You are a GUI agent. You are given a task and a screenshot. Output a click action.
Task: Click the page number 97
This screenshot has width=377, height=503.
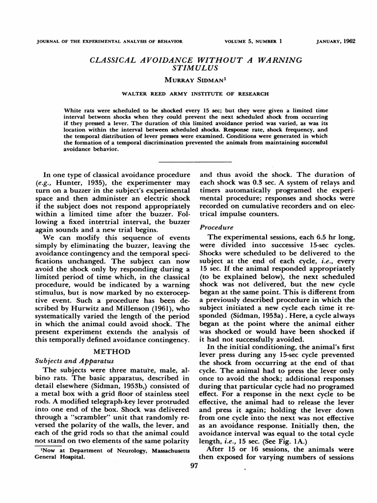click(193, 466)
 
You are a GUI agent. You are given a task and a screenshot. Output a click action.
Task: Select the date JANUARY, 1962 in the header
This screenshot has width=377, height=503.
click(336, 41)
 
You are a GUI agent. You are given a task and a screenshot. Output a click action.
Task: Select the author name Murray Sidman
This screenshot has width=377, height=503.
click(188, 80)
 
